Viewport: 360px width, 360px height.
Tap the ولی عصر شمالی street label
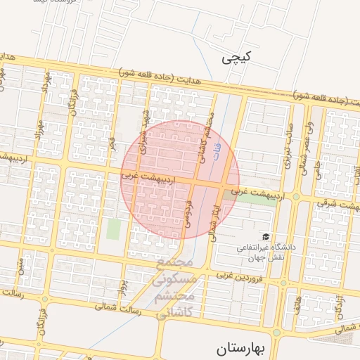(306, 146)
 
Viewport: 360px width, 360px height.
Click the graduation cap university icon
(265, 236)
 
